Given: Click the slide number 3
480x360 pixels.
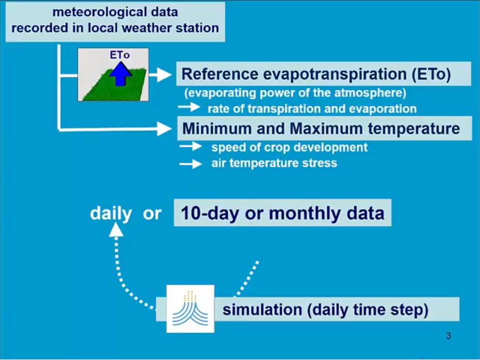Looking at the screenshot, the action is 449,336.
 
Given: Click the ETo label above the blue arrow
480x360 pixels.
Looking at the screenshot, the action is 120,55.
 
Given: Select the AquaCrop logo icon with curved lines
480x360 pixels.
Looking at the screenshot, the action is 190,309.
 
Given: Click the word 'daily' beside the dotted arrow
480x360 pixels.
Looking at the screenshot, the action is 111,213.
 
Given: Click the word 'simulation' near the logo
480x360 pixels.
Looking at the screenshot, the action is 262,310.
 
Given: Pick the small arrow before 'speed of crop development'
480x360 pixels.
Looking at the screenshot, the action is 190,147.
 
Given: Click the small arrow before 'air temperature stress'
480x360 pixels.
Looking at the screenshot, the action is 190,164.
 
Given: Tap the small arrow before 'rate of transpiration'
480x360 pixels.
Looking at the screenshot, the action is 189,107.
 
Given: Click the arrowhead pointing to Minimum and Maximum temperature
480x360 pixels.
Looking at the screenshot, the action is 164,129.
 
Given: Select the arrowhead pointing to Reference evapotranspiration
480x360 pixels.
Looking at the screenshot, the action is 164,74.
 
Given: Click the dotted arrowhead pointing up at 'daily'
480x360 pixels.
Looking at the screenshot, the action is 116,230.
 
